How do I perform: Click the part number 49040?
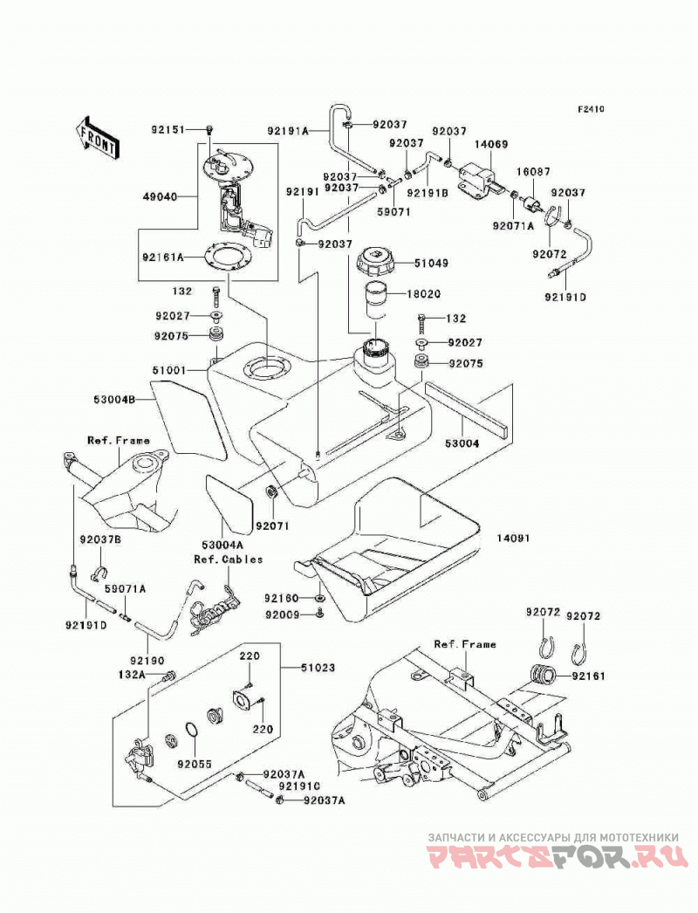160,196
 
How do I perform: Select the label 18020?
423,295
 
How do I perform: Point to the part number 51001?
169,370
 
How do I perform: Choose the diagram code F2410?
592,109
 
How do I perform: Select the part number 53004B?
114,400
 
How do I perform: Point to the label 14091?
513,539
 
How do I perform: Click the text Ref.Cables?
229,559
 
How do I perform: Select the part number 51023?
318,667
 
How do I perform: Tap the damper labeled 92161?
543,676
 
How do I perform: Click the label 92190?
147,661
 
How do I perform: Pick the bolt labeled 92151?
210,130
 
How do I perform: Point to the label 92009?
282,614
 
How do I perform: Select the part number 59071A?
125,589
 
